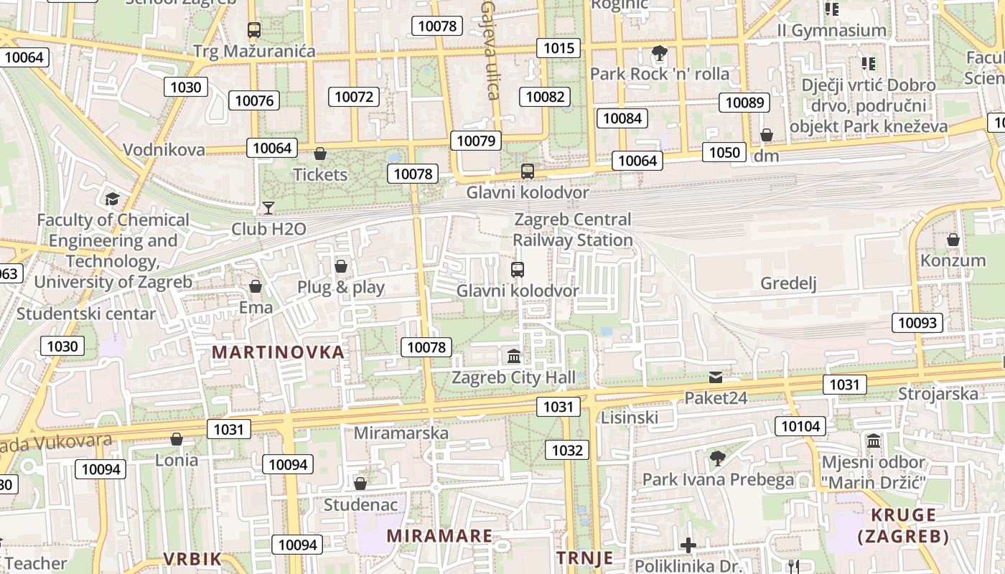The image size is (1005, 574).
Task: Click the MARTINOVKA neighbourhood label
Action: pos(279,352)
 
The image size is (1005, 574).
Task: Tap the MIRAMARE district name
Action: pos(439,536)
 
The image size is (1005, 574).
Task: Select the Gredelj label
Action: pos(789,283)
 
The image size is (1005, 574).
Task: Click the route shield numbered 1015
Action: pos(558,48)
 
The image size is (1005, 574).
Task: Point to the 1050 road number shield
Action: pos(724,152)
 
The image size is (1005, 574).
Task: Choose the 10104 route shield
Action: pos(800,426)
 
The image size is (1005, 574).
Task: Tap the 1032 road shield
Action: pos(567,450)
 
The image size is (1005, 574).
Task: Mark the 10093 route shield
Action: pos(917,323)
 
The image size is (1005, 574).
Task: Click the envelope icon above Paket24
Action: pos(716,377)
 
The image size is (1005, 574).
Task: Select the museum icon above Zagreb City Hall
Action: pos(514,356)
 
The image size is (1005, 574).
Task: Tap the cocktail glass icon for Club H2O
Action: pos(268,208)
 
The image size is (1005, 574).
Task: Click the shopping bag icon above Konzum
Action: pos(953,240)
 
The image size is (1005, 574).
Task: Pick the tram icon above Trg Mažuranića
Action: pos(253,30)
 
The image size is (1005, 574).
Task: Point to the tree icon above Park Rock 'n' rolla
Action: pos(659,53)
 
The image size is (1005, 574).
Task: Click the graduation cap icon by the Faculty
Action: pos(112,199)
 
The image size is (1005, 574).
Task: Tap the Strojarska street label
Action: pos(938,394)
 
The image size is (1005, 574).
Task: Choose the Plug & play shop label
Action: pos(341,287)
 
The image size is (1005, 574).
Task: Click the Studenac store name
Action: pos(360,504)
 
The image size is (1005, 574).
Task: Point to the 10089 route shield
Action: pos(744,103)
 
